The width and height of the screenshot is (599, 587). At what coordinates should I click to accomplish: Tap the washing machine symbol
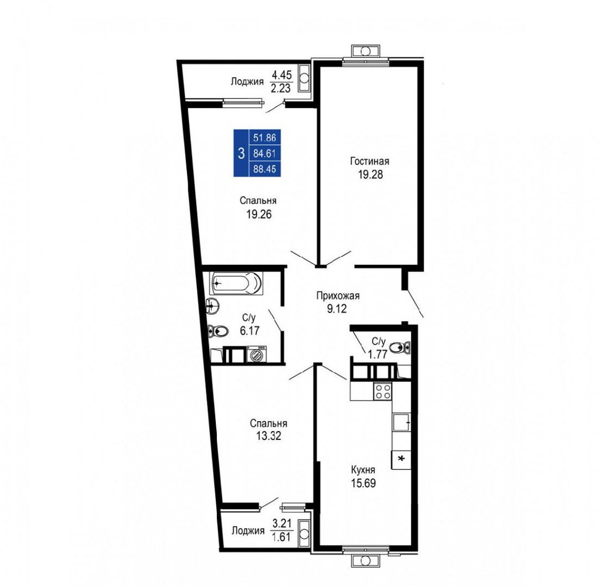click(257, 354)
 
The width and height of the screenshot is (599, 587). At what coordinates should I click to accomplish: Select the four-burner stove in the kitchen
click(383, 391)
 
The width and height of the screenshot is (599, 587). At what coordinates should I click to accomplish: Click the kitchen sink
click(402, 422)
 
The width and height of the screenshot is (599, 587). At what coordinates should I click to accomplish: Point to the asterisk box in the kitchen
click(401, 460)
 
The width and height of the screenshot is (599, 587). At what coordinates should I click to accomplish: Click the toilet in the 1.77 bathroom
click(399, 347)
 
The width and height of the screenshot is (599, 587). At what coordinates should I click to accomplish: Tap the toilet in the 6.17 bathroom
click(217, 331)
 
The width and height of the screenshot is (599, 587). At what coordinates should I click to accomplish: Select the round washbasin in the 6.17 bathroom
click(212, 305)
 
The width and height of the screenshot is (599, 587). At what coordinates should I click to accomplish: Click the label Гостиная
click(370, 161)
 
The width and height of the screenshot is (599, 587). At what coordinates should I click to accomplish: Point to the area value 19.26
click(259, 214)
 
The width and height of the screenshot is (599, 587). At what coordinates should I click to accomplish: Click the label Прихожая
click(338, 295)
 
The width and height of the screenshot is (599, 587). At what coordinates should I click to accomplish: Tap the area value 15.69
click(363, 483)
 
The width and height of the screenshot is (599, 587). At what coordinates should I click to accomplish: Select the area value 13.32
click(268, 436)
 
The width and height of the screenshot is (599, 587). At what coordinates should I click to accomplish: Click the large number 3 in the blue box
click(241, 154)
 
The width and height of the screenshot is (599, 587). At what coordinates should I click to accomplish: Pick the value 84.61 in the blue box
click(265, 154)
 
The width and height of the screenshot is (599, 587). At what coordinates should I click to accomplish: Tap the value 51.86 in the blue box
click(265, 138)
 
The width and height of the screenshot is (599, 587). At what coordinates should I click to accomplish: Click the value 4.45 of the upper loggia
click(281, 75)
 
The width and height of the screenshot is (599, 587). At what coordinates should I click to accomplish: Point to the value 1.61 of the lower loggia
click(281, 537)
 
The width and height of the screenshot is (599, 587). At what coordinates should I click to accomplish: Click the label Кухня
click(363, 470)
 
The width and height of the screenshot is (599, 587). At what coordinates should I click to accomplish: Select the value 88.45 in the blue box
click(265, 169)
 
